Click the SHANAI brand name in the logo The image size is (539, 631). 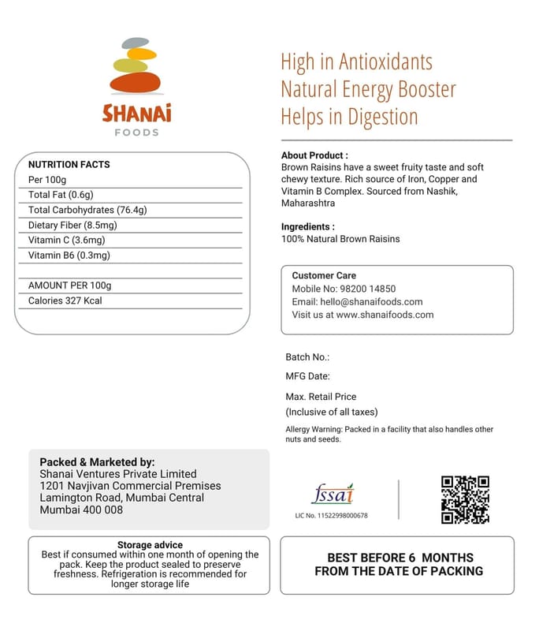pyautogui.click(x=136, y=113)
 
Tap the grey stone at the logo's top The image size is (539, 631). pyautogui.click(x=136, y=42)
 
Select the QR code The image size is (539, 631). pyautogui.click(x=465, y=499)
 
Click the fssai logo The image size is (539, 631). pyautogui.click(x=332, y=495)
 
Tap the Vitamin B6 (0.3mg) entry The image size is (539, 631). pyautogui.click(x=69, y=255)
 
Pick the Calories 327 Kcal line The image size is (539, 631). pyautogui.click(x=65, y=301)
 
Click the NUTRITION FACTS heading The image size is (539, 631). pyautogui.click(x=69, y=165)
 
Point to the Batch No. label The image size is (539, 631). pyautogui.click(x=307, y=357)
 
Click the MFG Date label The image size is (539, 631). pyautogui.click(x=307, y=376)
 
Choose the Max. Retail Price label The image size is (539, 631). pyautogui.click(x=321, y=397)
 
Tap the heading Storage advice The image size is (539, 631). pyautogui.click(x=150, y=545)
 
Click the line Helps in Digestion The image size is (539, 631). pyautogui.click(x=349, y=118)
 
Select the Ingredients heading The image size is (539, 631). pyautogui.click(x=308, y=226)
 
